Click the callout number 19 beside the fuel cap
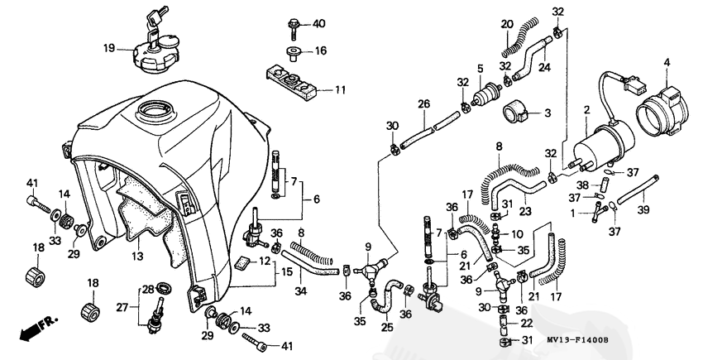(x=108, y=49)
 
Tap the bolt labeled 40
(x=294, y=24)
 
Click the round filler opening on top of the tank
(x=156, y=108)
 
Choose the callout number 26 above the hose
(x=423, y=104)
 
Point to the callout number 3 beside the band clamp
(x=547, y=112)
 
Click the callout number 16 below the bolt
(x=320, y=50)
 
